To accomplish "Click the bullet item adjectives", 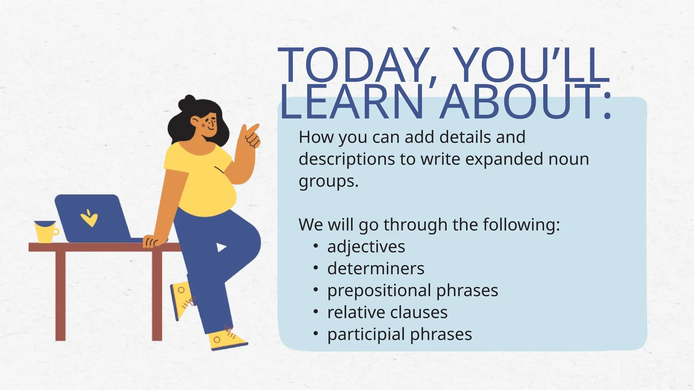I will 366,247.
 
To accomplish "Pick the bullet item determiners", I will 375,269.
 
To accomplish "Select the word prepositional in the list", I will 379,291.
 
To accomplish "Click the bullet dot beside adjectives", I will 315,246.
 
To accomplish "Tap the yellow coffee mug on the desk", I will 45,232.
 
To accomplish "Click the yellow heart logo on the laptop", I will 89,218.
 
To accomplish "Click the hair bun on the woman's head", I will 187,102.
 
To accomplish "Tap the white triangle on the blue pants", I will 221,247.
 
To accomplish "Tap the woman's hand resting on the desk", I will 151,241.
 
